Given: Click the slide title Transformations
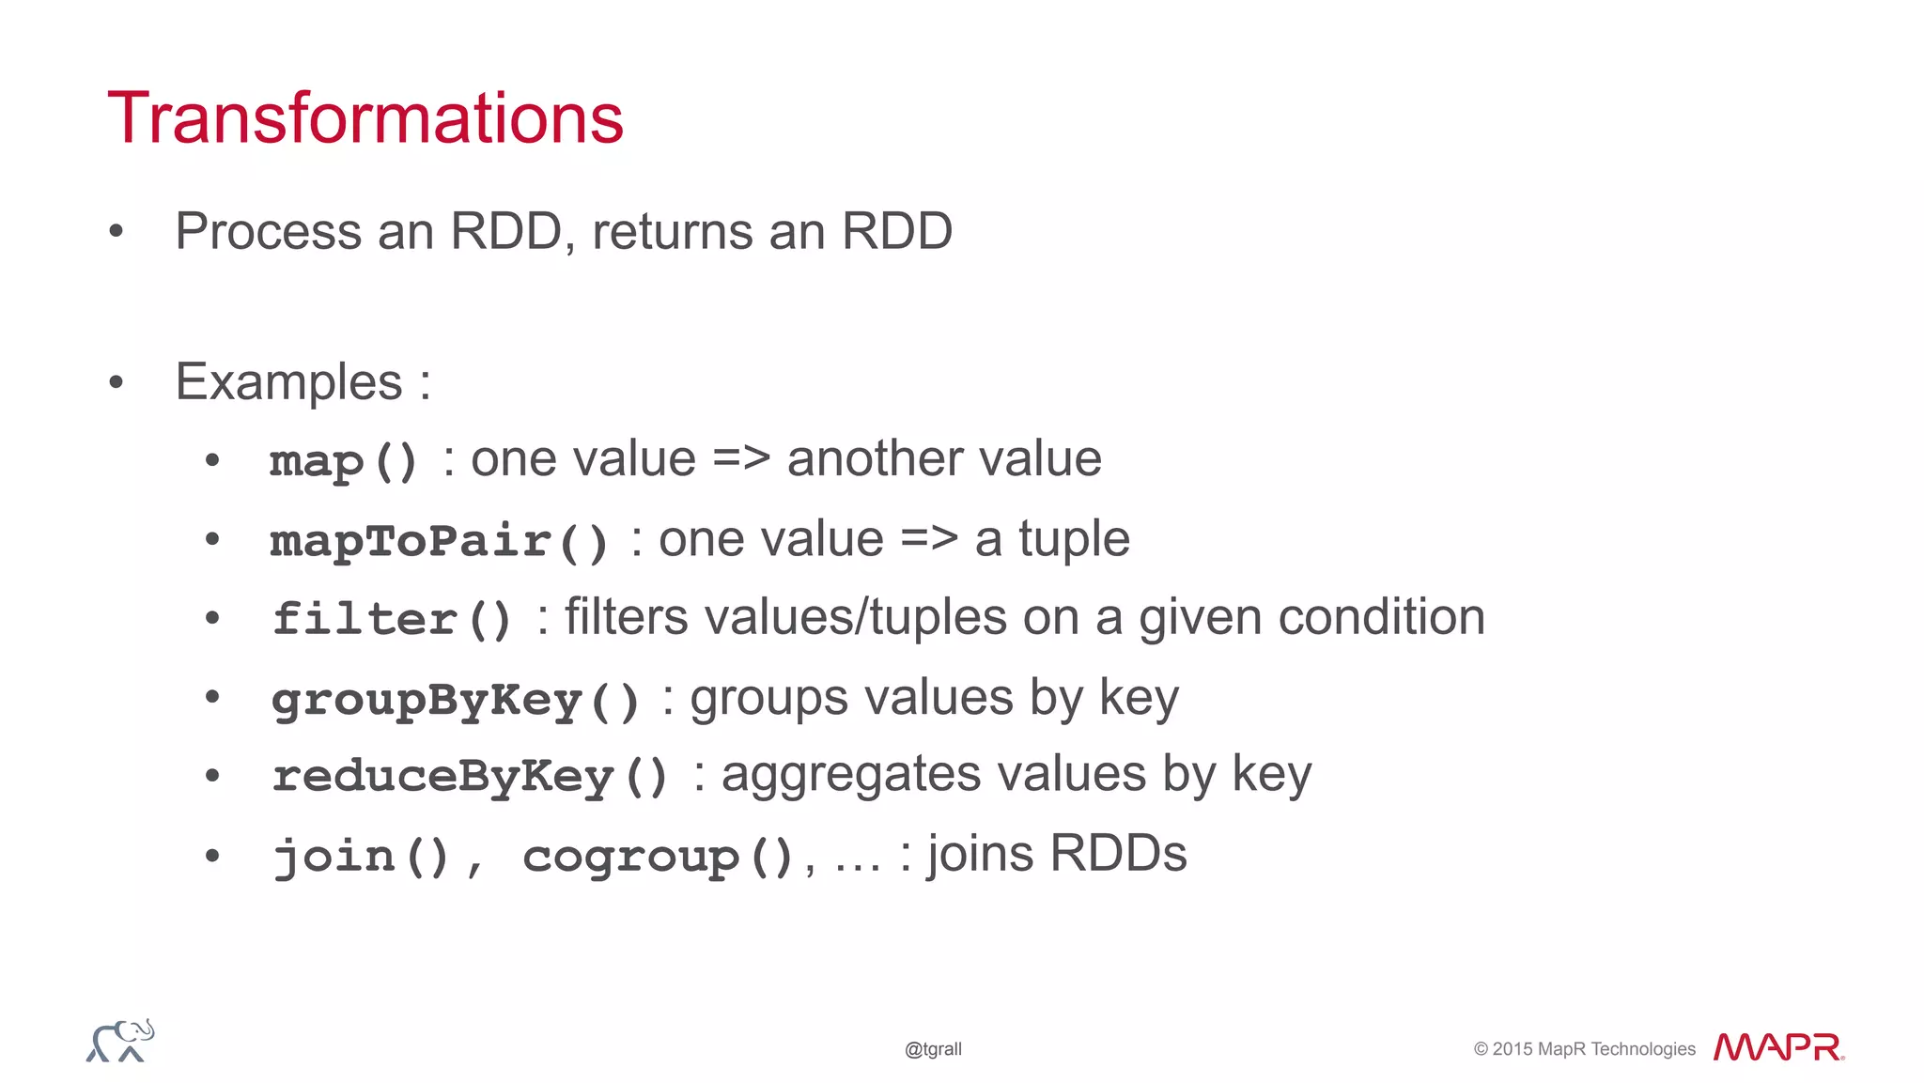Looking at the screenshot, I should click(x=365, y=118).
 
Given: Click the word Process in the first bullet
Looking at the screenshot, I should click(x=268, y=232).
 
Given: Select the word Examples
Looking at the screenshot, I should click(x=289, y=383).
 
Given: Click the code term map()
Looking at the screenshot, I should click(x=344, y=461).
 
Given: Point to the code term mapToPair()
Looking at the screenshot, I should click(x=439, y=541).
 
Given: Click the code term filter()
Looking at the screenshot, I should click(x=393, y=619).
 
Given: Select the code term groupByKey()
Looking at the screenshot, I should click(x=456, y=700).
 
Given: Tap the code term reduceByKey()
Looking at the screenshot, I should click(x=470, y=777).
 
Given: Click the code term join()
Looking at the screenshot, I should click(x=361, y=856).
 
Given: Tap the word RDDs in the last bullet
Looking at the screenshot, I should click(x=1118, y=854).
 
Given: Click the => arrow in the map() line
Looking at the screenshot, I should click(x=741, y=459).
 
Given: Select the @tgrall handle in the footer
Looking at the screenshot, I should click(x=933, y=1049).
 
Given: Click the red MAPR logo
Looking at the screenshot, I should click(x=1777, y=1047).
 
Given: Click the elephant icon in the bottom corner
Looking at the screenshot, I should click(x=120, y=1041).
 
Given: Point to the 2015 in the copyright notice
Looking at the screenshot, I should click(x=1512, y=1049).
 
